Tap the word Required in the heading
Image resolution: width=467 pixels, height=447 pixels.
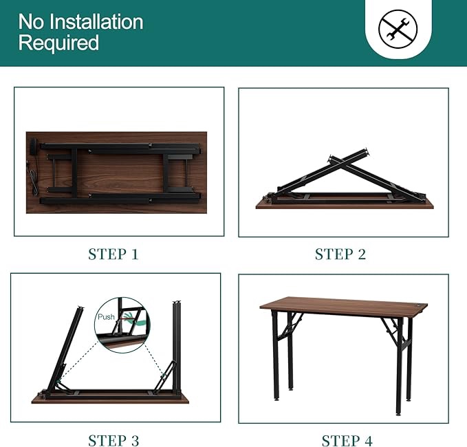tap(58, 43)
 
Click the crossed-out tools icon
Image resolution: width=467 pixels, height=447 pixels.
tap(398, 29)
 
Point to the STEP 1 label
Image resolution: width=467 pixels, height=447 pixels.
tap(113, 254)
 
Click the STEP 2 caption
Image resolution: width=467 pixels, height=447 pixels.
tap(340, 254)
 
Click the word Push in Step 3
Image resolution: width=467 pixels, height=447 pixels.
tap(107, 317)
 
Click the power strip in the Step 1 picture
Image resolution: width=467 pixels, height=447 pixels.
tap(34, 147)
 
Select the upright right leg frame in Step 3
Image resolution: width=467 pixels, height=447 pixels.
tap(177, 344)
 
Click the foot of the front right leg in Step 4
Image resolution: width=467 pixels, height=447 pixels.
tap(398, 413)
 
